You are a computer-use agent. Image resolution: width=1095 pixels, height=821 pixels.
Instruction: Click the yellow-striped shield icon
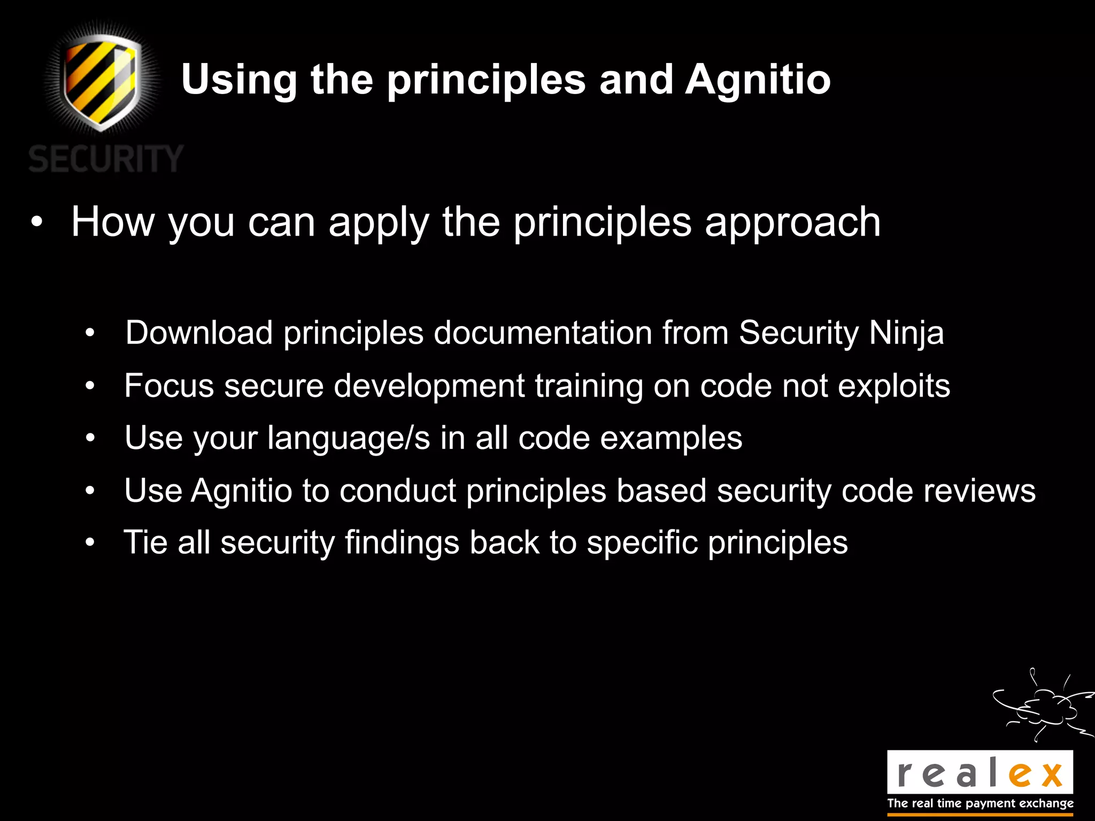coord(102,80)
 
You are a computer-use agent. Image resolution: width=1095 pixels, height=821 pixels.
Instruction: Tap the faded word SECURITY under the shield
coord(106,159)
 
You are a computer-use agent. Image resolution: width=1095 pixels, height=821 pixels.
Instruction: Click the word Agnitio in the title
coord(758,80)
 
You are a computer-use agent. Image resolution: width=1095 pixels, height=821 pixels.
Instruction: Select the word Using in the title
coord(238,80)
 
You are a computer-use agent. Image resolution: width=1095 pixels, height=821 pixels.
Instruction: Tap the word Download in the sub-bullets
coord(199,332)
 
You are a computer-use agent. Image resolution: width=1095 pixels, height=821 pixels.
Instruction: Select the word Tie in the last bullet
coord(145,542)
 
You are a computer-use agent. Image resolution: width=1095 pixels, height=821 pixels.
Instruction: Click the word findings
coord(402,543)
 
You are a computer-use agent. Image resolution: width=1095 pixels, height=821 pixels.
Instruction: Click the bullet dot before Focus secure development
coord(90,386)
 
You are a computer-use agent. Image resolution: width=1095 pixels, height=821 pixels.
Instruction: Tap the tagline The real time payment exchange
coord(980,803)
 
